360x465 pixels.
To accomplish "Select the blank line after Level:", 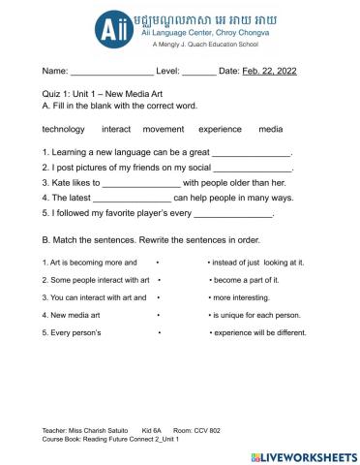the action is [x=198, y=72].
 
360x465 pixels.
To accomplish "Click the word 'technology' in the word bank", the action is [x=64, y=129].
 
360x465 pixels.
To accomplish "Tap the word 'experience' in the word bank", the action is [x=220, y=129].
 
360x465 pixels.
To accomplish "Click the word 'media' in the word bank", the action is [x=271, y=129].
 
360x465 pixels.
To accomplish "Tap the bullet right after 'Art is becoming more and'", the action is [x=157, y=263].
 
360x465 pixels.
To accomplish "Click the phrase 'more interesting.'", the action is [x=242, y=297].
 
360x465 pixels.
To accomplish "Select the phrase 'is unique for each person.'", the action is [x=257, y=315].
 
